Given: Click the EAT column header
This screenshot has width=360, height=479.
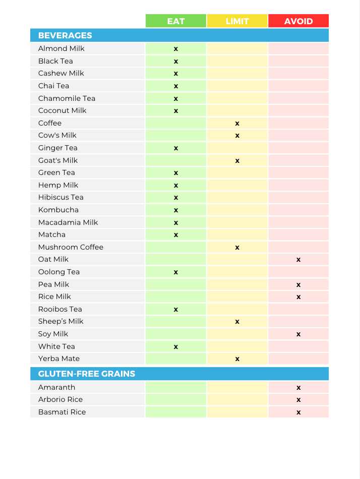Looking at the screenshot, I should tap(176, 21).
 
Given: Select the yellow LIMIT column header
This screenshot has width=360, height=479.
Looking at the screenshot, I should tap(237, 21).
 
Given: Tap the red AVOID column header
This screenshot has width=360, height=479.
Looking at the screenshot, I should tap(298, 21).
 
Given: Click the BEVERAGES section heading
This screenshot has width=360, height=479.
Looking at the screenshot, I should tap(65, 35).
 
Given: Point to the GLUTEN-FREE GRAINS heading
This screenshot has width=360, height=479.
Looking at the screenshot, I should tap(87, 374).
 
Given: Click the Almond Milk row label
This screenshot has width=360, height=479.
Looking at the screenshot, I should tap(61, 48).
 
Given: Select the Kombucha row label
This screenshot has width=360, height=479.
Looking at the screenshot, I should tap(58, 210).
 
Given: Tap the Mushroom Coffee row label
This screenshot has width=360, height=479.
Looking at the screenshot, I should tap(71, 247).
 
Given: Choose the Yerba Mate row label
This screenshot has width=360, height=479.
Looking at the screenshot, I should tap(58, 358).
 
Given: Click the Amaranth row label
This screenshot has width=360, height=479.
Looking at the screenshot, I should tap(56, 387).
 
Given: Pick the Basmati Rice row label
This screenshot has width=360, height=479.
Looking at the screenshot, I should tap(62, 412).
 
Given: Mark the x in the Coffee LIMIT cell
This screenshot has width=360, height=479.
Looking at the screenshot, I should tap(237, 124).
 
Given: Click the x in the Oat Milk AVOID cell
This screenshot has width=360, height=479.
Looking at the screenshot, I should tap(298, 260).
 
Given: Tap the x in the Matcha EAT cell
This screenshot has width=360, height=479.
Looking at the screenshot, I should tap(176, 235).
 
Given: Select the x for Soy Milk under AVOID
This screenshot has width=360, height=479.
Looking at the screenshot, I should tap(298, 334).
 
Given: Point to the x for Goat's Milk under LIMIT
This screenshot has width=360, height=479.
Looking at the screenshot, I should tap(237, 161).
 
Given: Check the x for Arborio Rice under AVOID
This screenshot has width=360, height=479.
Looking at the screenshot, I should tap(298, 400).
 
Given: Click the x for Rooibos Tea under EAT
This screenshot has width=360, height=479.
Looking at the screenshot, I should tap(176, 310).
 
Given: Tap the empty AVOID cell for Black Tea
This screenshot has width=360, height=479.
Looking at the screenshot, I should tap(298, 61).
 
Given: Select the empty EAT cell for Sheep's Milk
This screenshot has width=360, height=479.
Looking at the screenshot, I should tap(176, 321).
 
